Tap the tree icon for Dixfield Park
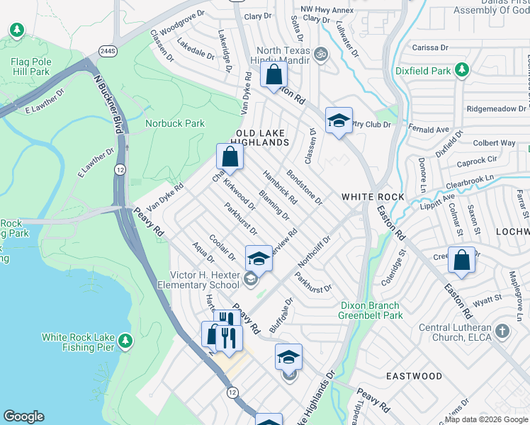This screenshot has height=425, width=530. pos(462,70)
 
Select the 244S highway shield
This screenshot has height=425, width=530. pos(107,51)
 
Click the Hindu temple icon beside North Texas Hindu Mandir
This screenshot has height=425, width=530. pos(320,54)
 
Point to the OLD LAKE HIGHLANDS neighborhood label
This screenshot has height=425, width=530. pos(262,137)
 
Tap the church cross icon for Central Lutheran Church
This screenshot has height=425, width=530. pos(502,331)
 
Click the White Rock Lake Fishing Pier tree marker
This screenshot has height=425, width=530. pos(125,341)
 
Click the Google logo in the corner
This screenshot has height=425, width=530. pos(23,416)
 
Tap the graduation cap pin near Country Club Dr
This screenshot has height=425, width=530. pos(339,120)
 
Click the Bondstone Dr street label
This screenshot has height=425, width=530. pos(305,187)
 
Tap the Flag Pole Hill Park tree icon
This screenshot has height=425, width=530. pos(17,31)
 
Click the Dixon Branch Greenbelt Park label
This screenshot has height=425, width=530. pos(370,310)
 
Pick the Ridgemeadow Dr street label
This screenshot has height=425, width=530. pos(496,108)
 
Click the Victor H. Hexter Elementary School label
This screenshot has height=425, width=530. pos(204,280)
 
